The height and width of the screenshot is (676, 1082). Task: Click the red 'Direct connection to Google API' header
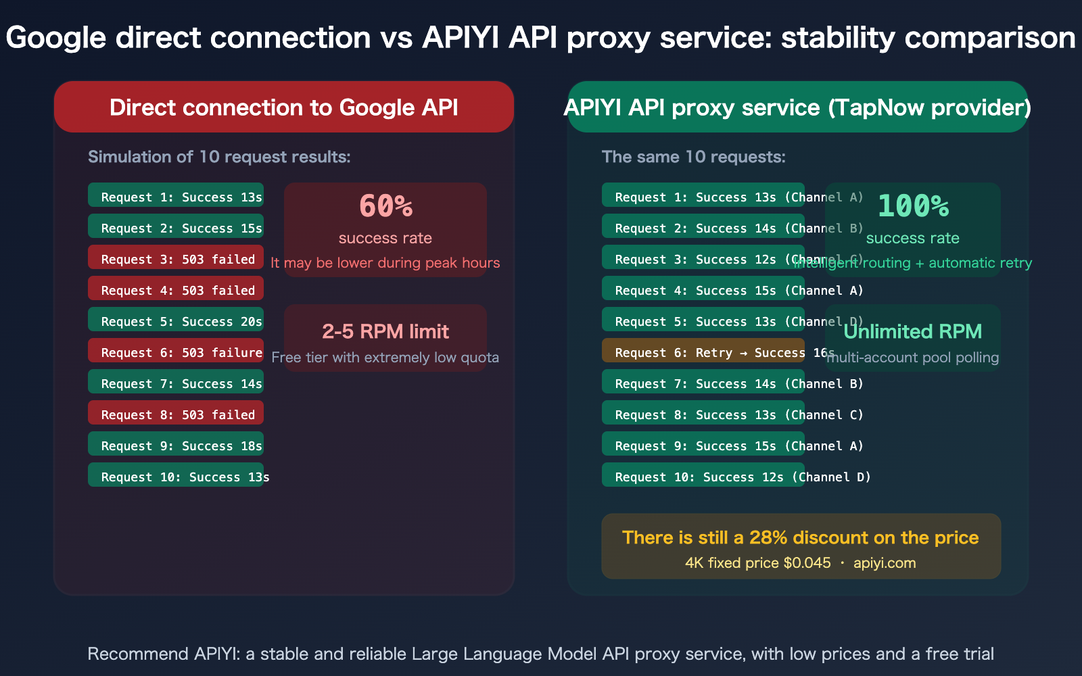284,107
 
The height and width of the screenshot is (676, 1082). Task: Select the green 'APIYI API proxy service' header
797,107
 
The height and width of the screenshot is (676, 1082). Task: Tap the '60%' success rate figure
385,206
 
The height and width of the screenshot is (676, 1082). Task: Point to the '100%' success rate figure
913,206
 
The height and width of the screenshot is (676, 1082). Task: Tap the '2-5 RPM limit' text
385,331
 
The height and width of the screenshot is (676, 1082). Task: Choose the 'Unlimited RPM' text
913,331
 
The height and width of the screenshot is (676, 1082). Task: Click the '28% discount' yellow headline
801,537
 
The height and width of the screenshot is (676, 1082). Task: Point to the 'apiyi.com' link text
885,563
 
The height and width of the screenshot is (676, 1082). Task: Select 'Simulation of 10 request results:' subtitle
219,157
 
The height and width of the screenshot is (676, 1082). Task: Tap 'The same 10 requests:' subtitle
694,157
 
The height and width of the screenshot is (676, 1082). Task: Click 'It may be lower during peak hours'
385,263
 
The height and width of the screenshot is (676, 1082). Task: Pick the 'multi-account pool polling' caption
913,358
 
